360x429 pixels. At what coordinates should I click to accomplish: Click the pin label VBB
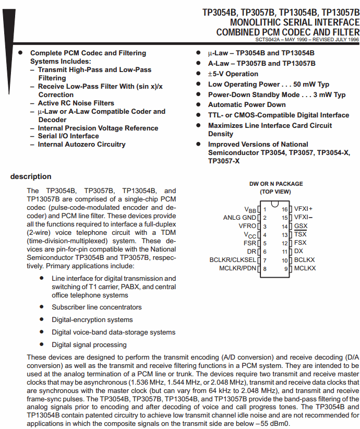point(250,209)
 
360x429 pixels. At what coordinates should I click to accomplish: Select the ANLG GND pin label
point(239,218)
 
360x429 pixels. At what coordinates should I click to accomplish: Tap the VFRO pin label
point(247,226)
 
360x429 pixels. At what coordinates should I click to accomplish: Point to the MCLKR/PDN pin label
point(237,268)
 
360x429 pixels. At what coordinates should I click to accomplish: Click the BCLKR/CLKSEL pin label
point(233,260)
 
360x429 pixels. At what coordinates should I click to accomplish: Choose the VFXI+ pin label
point(303,209)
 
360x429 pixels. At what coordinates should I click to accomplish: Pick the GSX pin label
point(301,226)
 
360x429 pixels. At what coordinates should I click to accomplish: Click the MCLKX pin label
point(305,268)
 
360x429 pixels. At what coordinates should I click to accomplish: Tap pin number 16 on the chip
point(285,209)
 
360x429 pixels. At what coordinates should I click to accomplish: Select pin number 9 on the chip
point(286,268)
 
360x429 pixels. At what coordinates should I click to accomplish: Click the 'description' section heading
point(31,176)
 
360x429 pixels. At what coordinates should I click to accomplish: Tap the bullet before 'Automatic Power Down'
point(198,105)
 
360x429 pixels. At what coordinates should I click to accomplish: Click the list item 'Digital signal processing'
point(89,344)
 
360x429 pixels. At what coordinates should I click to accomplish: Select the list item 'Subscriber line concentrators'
point(97,307)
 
